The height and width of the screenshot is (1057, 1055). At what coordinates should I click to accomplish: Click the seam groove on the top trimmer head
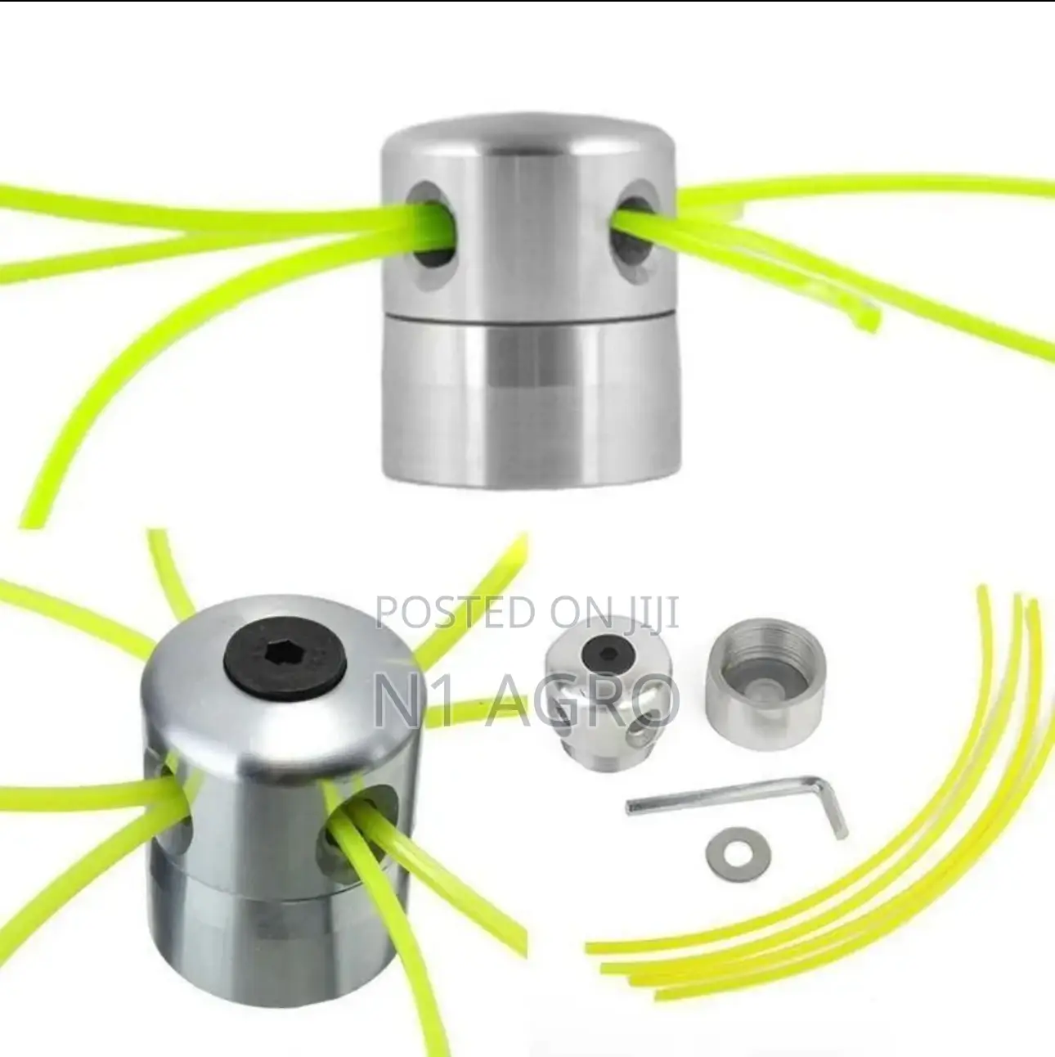(530, 317)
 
